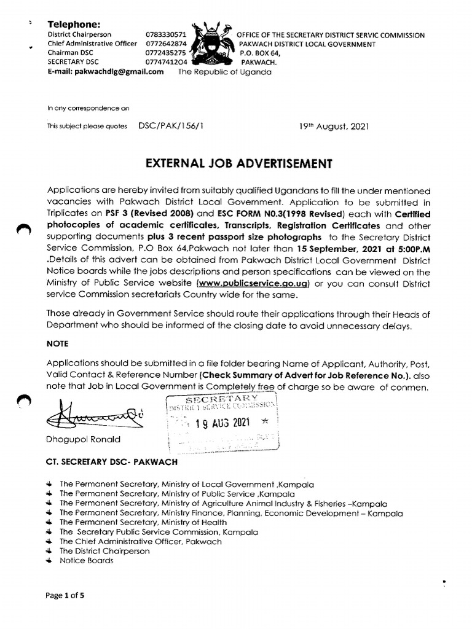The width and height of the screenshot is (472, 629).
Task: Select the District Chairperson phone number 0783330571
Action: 166,35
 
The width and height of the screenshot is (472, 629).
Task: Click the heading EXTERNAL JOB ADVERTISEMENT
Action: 238,163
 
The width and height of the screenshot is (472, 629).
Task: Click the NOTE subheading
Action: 58,343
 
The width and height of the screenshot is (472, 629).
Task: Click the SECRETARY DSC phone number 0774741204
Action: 166,62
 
